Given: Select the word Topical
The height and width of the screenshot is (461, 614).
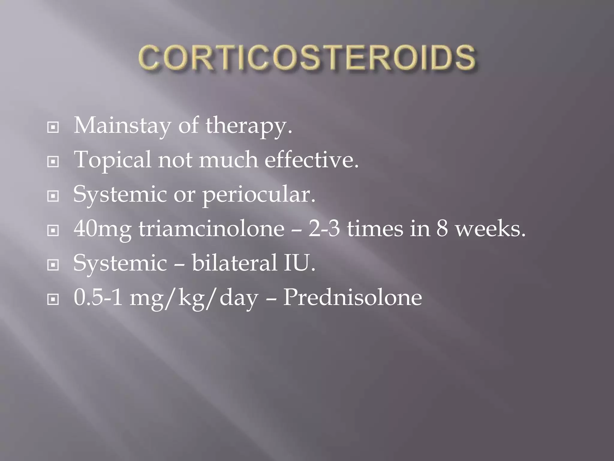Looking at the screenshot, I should click(x=112, y=160).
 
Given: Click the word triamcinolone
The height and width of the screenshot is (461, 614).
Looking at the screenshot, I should click(x=211, y=229).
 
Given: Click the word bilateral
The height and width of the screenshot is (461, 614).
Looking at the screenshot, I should click(x=234, y=263).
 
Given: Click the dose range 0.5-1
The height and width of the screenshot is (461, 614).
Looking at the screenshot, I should click(x=98, y=298).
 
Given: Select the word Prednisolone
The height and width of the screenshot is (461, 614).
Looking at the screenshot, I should click(x=353, y=298).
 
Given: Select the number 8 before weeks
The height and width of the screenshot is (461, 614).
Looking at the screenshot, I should click(x=442, y=229).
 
